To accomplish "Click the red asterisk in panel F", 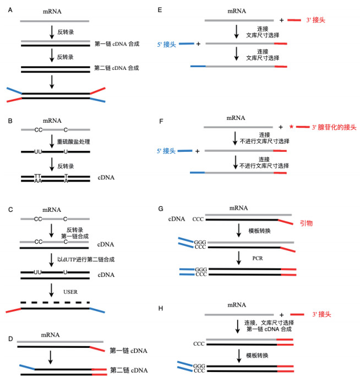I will click(x=291, y=127).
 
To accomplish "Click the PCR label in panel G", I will click(x=254, y=258).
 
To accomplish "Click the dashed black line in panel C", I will click(x=55, y=302).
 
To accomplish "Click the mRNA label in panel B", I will click(x=55, y=120).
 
